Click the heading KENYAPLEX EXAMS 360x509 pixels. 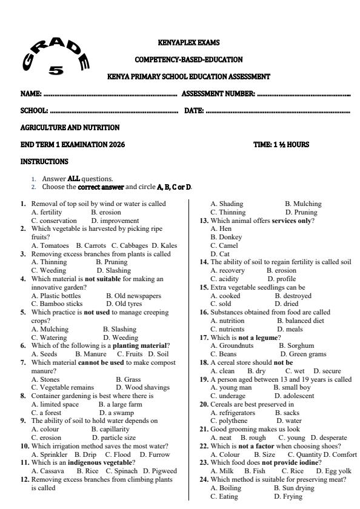[188, 43]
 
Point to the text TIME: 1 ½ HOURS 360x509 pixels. [281, 145]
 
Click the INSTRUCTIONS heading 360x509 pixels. [44, 162]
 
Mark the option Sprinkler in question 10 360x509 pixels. [50, 454]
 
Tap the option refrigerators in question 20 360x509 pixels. [232, 412]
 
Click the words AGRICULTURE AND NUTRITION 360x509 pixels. [70, 128]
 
